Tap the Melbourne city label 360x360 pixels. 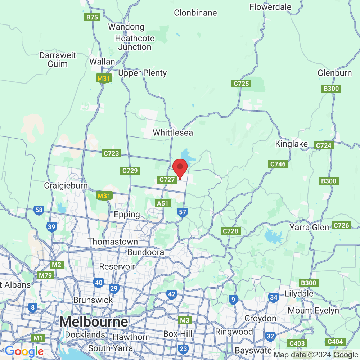click(x=94, y=321)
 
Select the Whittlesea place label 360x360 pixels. click(x=173, y=132)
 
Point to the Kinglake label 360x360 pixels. click(x=292, y=144)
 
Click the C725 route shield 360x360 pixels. click(x=241, y=84)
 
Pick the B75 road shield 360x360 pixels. click(x=93, y=17)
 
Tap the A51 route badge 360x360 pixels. click(x=162, y=203)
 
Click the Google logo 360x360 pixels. click(x=24, y=351)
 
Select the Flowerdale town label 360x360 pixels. click(x=270, y=7)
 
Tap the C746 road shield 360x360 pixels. click(x=278, y=164)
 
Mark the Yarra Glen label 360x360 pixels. click(x=309, y=227)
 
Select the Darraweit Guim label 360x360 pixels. click(x=58, y=60)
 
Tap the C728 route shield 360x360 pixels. click(x=230, y=231)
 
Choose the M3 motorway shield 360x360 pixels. click(x=185, y=320)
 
